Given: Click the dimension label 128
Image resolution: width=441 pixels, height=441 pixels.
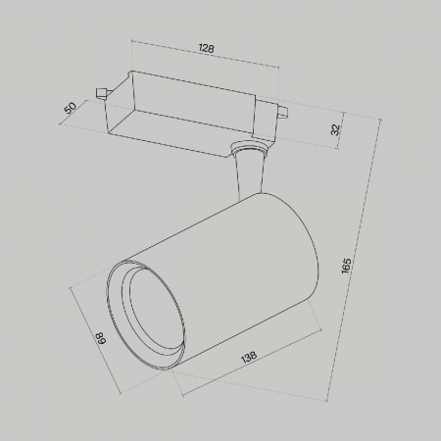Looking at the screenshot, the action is click(206, 48).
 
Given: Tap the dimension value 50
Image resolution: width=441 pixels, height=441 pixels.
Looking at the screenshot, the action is click(71, 108).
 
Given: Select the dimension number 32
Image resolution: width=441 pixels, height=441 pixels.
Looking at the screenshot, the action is click(335, 129).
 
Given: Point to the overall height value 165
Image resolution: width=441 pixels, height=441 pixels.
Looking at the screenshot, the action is click(346, 266).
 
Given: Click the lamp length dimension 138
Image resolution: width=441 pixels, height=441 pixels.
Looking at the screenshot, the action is click(249, 358).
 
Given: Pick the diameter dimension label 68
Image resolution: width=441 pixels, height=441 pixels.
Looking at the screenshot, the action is click(101, 338).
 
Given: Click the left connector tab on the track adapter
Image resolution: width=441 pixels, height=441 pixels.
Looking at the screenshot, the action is click(102, 92).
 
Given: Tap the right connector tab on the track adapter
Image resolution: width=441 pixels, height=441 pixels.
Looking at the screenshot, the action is click(282, 111).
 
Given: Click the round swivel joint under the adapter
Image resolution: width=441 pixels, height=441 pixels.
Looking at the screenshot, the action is click(249, 147).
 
